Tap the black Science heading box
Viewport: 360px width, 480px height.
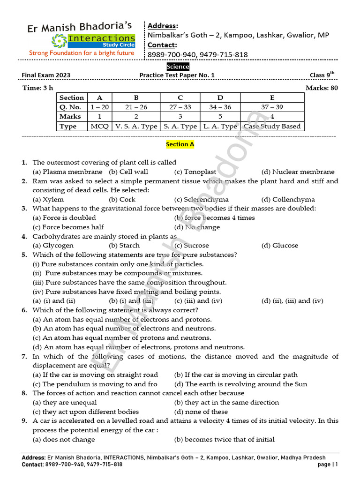[x=178, y=67]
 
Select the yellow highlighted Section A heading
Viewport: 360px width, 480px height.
[x=180, y=144]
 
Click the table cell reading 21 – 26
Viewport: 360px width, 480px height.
[x=136, y=107]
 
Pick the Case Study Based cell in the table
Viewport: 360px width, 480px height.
[x=272, y=126]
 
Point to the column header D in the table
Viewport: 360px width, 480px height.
[x=220, y=97]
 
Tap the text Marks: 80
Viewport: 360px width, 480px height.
[x=322, y=88]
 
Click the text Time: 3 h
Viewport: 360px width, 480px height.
[x=38, y=88]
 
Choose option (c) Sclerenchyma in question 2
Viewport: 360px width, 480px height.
[x=201, y=199]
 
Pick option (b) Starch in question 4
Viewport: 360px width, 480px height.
[x=124, y=245]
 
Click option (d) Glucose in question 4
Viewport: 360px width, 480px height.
[x=279, y=245]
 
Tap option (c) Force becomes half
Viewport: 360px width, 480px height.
[x=68, y=227]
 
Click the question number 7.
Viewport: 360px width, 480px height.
[x=24, y=357]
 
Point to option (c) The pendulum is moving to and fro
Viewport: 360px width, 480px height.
[x=95, y=384]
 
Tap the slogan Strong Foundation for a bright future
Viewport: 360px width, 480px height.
[x=82, y=53]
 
